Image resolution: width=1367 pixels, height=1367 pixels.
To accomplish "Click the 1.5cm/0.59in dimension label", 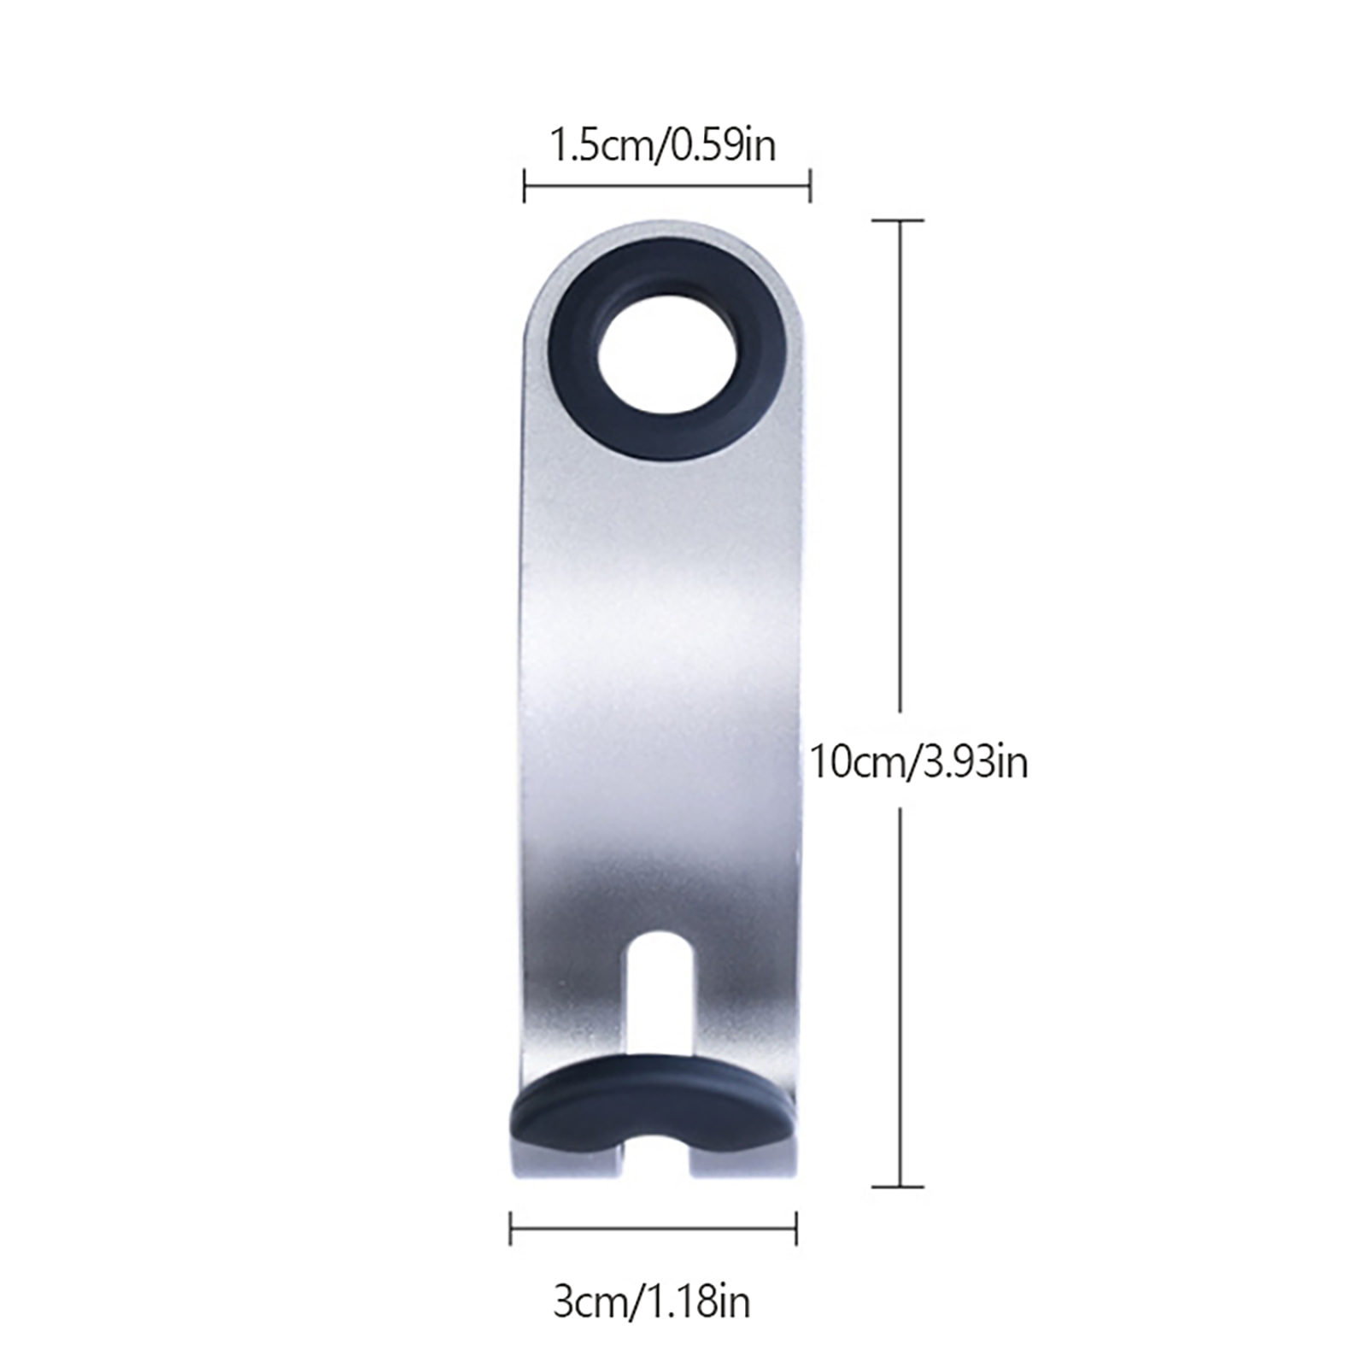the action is (662, 144).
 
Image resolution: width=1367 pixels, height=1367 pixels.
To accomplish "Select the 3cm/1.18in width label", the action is (651, 1302).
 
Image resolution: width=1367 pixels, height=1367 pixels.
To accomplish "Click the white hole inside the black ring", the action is (666, 351).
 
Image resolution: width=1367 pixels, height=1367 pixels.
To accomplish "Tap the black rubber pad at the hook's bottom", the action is (651, 1102).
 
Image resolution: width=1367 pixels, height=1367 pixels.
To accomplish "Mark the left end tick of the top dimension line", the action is (524, 186).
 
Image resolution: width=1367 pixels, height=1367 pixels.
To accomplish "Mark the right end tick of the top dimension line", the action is (809, 186).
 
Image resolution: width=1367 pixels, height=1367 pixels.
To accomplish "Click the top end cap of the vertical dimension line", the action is (898, 220).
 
